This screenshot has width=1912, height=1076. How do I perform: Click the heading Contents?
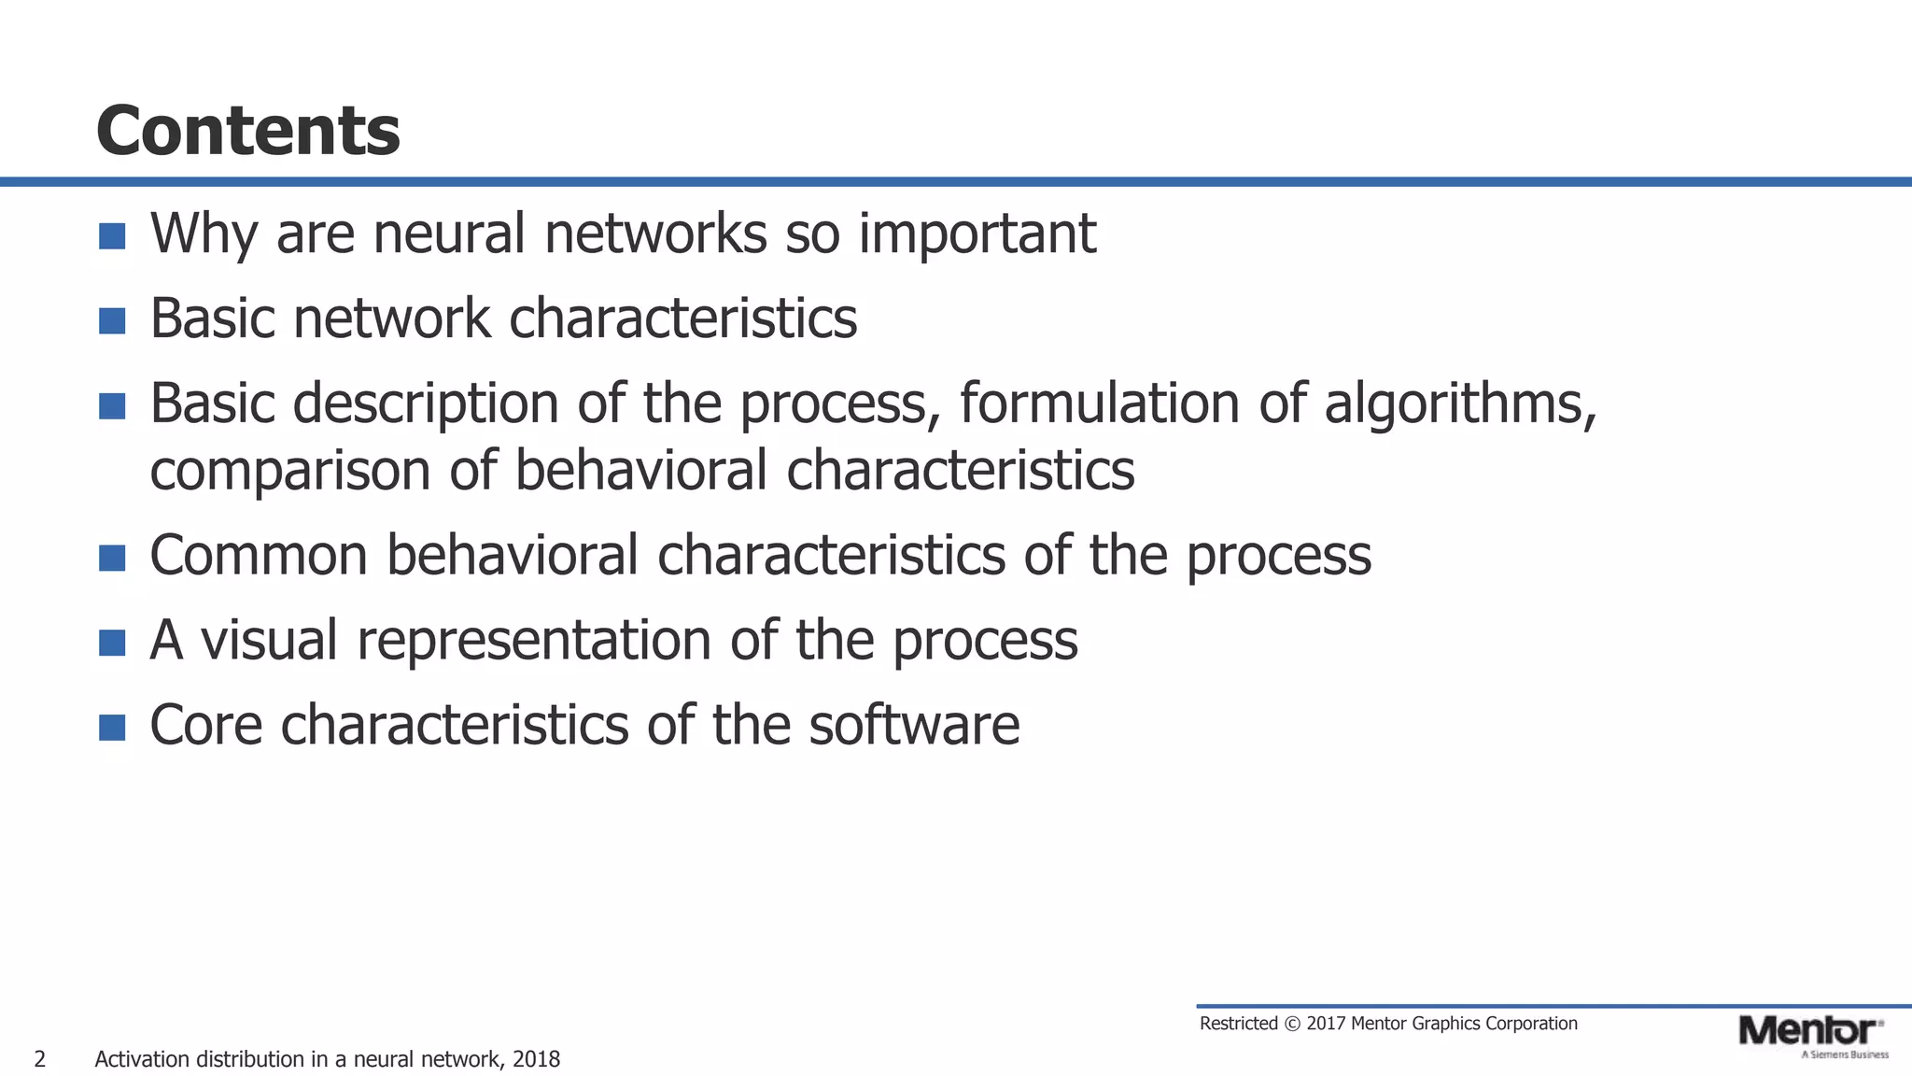pyautogui.click(x=247, y=131)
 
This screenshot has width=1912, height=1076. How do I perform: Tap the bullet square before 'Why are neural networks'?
pyautogui.click(x=112, y=236)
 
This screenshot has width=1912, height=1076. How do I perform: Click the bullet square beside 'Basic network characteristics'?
pyautogui.click(x=112, y=321)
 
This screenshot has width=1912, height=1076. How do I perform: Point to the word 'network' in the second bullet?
pyautogui.click(x=391, y=319)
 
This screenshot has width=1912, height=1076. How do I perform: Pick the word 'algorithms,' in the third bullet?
pyautogui.click(x=1460, y=403)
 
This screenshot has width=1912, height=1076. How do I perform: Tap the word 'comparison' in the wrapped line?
pyautogui.click(x=290, y=471)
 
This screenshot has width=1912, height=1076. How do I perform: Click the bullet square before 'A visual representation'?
pyautogui.click(x=112, y=643)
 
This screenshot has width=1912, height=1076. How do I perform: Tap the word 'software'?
pyautogui.click(x=914, y=726)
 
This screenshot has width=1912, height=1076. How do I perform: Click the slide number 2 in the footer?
pyautogui.click(x=39, y=1059)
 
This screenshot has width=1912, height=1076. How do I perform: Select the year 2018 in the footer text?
pyautogui.click(x=536, y=1059)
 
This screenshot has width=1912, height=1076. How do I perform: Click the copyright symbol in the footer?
pyautogui.click(x=1292, y=1024)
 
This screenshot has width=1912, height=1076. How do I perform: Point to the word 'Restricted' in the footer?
pyautogui.click(x=1238, y=1024)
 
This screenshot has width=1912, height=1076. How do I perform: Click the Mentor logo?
pyautogui.click(x=1808, y=1031)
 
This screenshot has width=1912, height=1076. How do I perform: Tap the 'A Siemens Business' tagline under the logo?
pyautogui.click(x=1845, y=1055)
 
